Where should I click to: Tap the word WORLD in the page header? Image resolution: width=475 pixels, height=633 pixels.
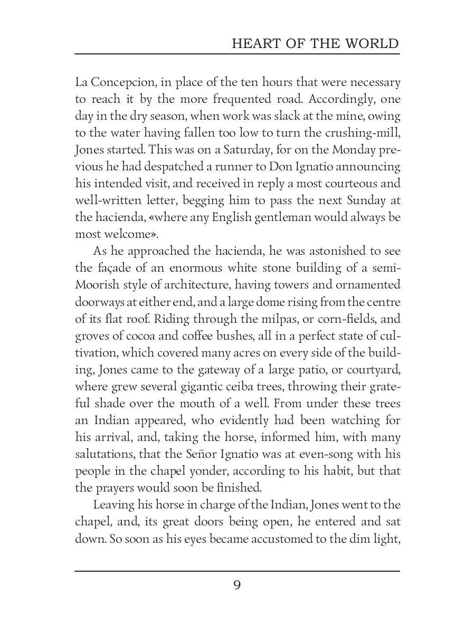(372, 43)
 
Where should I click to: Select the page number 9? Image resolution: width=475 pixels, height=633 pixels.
(237, 601)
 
